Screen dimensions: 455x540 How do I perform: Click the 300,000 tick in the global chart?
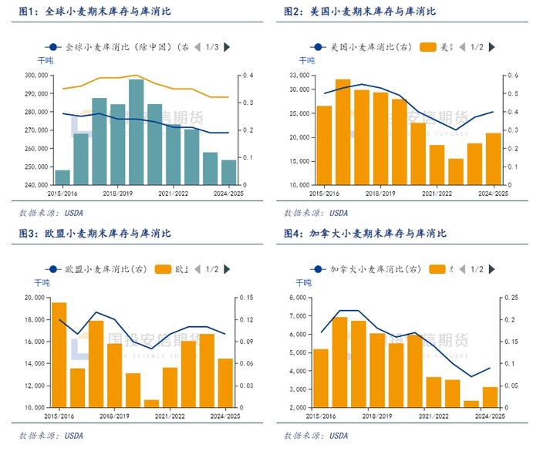tap(33, 76)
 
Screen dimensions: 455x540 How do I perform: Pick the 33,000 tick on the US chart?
tap(299, 76)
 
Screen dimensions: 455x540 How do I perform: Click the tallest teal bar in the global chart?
tap(137, 131)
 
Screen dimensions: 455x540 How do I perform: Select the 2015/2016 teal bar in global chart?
tap(62, 177)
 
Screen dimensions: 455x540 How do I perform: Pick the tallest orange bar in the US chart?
tap(343, 131)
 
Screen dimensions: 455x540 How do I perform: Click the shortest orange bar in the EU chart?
tap(151, 403)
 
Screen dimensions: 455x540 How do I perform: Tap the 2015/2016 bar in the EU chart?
tap(59, 355)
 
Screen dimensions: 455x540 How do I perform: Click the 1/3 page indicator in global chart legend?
tap(212, 47)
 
